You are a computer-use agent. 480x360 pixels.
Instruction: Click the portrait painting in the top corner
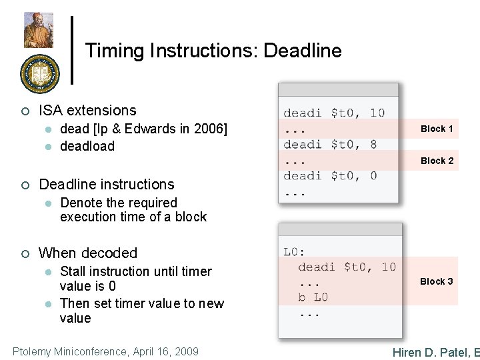click(x=39, y=30)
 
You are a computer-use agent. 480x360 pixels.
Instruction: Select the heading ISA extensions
click(x=87, y=111)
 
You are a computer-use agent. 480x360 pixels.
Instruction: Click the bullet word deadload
click(x=87, y=146)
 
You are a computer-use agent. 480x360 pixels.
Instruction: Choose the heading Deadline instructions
click(x=107, y=185)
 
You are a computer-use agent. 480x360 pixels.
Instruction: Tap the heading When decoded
click(x=88, y=253)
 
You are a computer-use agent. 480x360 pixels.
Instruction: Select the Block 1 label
click(x=437, y=129)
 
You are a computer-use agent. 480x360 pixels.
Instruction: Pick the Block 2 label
click(x=437, y=161)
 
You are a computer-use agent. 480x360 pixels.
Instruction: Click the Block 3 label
click(x=436, y=281)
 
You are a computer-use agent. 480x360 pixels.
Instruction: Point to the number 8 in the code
click(x=373, y=144)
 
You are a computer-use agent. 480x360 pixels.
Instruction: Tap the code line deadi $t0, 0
click(x=330, y=176)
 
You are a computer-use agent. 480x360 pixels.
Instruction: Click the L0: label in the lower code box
click(x=294, y=252)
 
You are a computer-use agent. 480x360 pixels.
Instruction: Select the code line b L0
click(x=313, y=297)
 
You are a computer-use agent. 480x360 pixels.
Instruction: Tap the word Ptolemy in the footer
click(x=33, y=351)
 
